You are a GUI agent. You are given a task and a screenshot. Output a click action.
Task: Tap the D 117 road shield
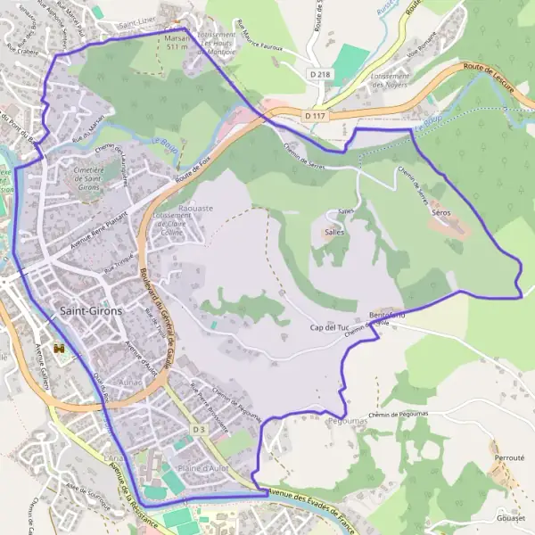(x=312, y=116)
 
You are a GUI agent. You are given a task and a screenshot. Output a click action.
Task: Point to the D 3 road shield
(x=198, y=430)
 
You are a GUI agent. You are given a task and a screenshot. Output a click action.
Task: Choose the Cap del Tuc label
(x=328, y=328)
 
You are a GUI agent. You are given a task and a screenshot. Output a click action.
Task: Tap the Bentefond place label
(x=387, y=316)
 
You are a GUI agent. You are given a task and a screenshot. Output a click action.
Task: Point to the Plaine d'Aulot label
(x=203, y=468)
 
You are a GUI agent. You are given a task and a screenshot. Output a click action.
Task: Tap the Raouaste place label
(x=195, y=208)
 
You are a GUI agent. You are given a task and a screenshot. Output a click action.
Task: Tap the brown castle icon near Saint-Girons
(x=60, y=347)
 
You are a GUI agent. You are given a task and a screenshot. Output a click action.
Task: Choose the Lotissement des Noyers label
(x=390, y=81)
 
